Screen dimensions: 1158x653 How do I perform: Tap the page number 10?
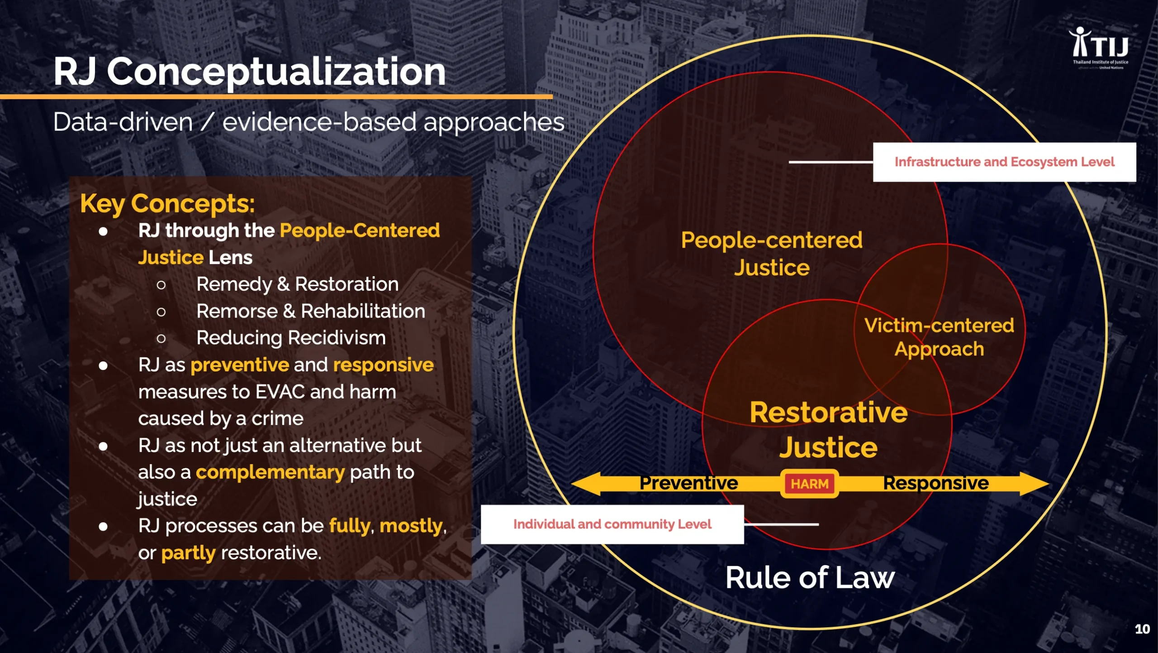(1142, 629)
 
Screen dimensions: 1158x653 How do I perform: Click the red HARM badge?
(810, 484)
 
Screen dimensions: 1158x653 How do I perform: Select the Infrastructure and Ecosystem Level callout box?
(1004, 162)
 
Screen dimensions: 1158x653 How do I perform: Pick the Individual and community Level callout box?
(612, 524)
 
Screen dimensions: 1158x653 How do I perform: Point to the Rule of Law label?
(810, 578)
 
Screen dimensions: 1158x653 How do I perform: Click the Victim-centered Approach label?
(939, 337)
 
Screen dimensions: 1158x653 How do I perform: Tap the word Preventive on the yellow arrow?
(688, 483)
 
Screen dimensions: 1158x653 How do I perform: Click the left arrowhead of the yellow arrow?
(586, 484)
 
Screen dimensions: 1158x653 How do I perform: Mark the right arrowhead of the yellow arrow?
(1035, 484)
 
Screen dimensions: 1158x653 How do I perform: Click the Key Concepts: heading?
(167, 204)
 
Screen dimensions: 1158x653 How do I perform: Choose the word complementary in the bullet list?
(270, 472)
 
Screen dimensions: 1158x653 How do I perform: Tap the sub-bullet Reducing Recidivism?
(291, 338)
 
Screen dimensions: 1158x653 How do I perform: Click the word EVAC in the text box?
(280, 392)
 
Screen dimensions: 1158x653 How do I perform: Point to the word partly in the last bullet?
(188, 553)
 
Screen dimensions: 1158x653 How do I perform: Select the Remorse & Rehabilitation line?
(311, 311)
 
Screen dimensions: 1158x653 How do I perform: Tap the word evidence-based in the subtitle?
(319, 122)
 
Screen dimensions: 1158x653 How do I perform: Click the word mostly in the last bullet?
(411, 526)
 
